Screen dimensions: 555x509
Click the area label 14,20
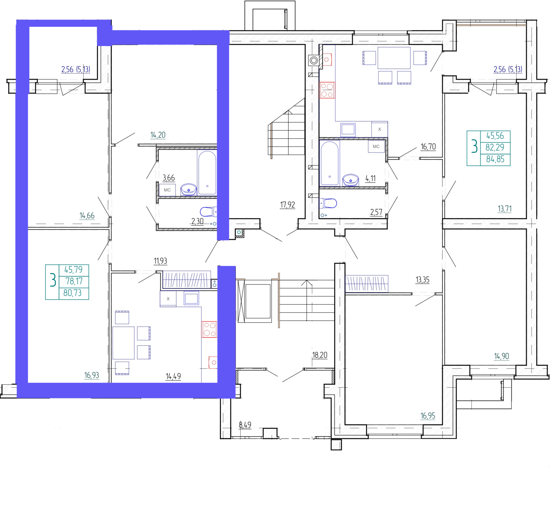pyautogui.click(x=158, y=135)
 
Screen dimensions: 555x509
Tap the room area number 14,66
pyautogui.click(x=87, y=216)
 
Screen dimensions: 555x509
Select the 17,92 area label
pyautogui.click(x=288, y=205)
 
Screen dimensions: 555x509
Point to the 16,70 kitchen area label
pyautogui.click(x=428, y=147)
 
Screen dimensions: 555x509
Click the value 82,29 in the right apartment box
pyautogui.click(x=495, y=148)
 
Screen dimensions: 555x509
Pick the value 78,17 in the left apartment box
pyautogui.click(x=74, y=281)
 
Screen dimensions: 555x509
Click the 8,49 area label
pyautogui.click(x=245, y=425)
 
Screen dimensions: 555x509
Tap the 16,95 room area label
pyautogui.click(x=428, y=416)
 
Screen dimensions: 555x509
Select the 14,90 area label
pyautogui.click(x=502, y=356)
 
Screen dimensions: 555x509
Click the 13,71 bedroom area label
pyautogui.click(x=505, y=209)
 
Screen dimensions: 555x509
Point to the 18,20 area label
pyautogui.click(x=320, y=355)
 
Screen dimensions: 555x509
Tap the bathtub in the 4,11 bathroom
pyautogui.click(x=330, y=163)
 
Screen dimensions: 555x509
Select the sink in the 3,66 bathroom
pyautogui.click(x=189, y=189)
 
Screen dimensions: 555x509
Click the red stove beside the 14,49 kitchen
pyautogui.click(x=210, y=329)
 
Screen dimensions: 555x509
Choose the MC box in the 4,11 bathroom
pyautogui.click(x=376, y=147)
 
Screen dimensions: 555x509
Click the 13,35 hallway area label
pyautogui.click(x=422, y=280)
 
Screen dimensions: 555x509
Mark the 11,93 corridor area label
pyautogui.click(x=160, y=261)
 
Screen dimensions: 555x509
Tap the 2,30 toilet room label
pyautogui.click(x=197, y=221)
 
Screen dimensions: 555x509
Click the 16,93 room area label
pyautogui.click(x=92, y=375)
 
